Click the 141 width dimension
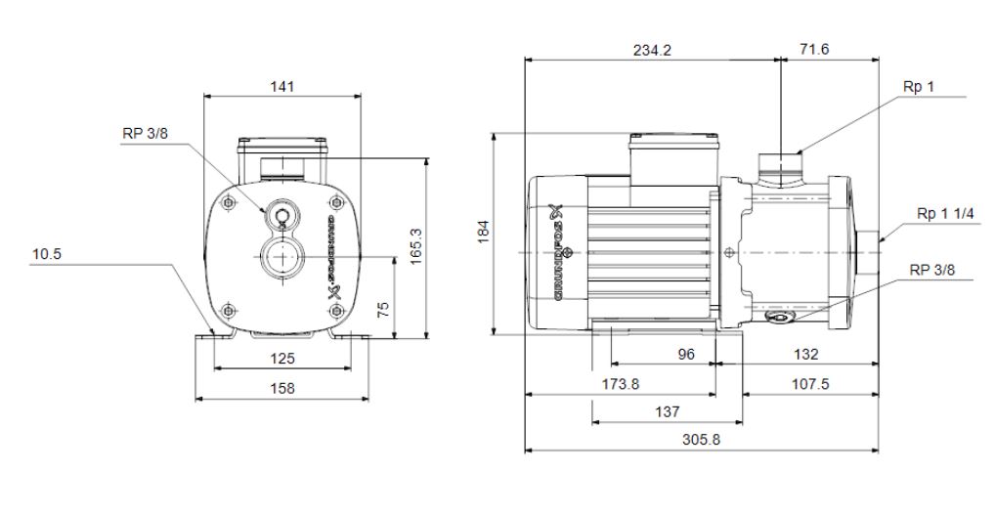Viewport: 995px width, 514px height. (281, 86)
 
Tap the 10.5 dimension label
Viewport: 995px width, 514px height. (46, 254)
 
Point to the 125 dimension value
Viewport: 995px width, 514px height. (281, 359)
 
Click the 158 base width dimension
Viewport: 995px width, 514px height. (281, 388)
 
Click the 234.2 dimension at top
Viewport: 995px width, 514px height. (652, 50)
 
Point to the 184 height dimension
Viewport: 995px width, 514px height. (483, 233)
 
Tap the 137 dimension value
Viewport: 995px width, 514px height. (667, 411)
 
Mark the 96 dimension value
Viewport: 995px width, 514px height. (686, 354)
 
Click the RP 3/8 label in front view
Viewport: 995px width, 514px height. (144, 135)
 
